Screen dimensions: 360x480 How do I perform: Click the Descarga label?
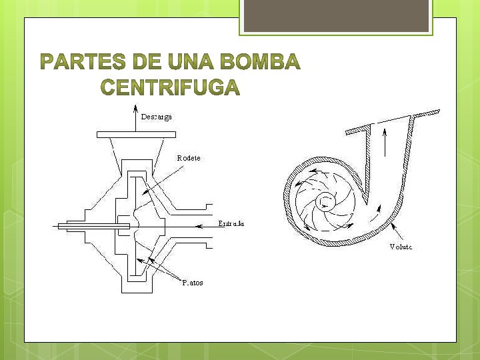(157, 117)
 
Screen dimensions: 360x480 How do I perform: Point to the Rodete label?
(189, 158)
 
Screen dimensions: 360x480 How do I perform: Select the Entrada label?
(231, 223)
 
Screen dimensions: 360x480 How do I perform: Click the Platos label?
(193, 283)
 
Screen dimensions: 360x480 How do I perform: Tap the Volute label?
(401, 247)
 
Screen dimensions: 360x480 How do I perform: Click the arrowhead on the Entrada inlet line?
(197, 226)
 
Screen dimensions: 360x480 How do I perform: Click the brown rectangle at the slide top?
(336, 15)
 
